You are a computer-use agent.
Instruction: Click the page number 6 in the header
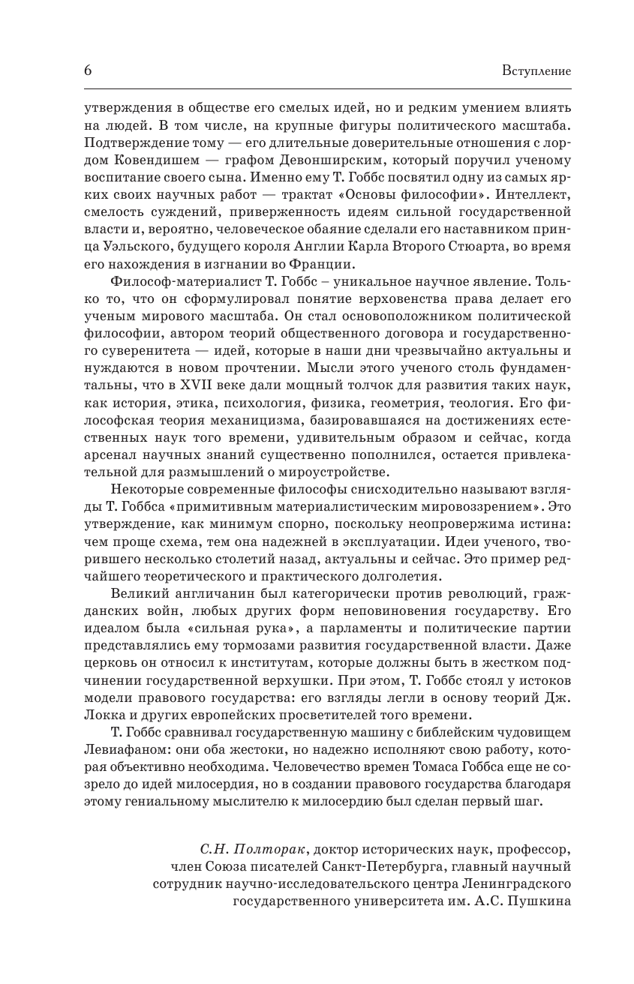[x=87, y=70]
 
